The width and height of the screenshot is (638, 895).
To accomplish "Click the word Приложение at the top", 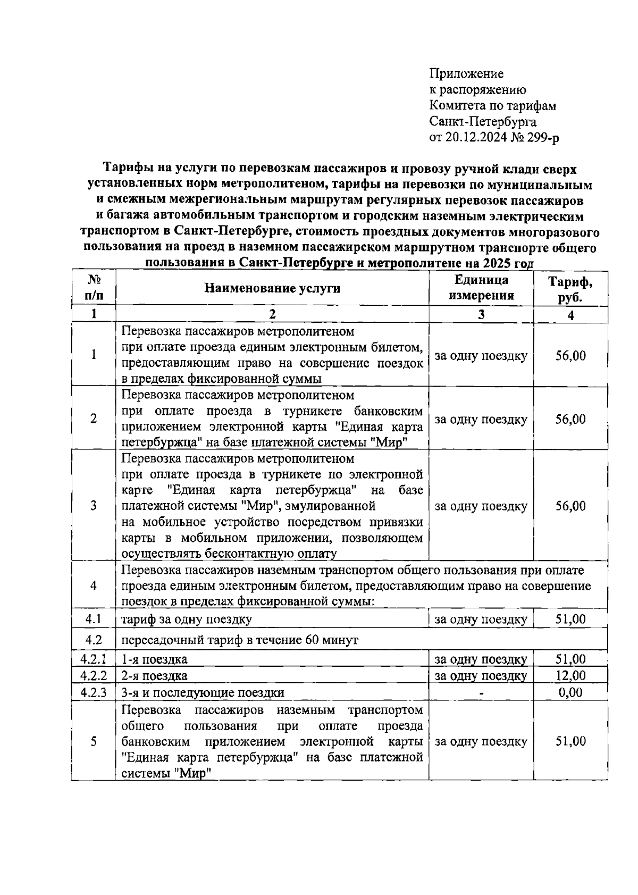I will point(466,73).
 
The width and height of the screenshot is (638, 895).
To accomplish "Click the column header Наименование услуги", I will point(272,288).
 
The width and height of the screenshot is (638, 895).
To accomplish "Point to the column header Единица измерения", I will point(481,288).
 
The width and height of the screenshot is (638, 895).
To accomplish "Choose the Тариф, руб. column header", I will point(570,289).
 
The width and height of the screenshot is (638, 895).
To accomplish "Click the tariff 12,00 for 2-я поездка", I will point(570,676).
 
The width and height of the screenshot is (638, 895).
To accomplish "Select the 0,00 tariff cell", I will point(570,692).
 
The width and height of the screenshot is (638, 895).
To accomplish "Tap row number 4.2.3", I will point(94,692).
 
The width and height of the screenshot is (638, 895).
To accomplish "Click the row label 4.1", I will point(94,619).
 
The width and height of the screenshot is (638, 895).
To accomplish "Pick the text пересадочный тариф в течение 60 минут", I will point(240,640).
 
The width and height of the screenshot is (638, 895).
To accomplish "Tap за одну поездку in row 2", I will point(481,419).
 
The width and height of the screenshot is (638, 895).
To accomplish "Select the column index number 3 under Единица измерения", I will point(481,314).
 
